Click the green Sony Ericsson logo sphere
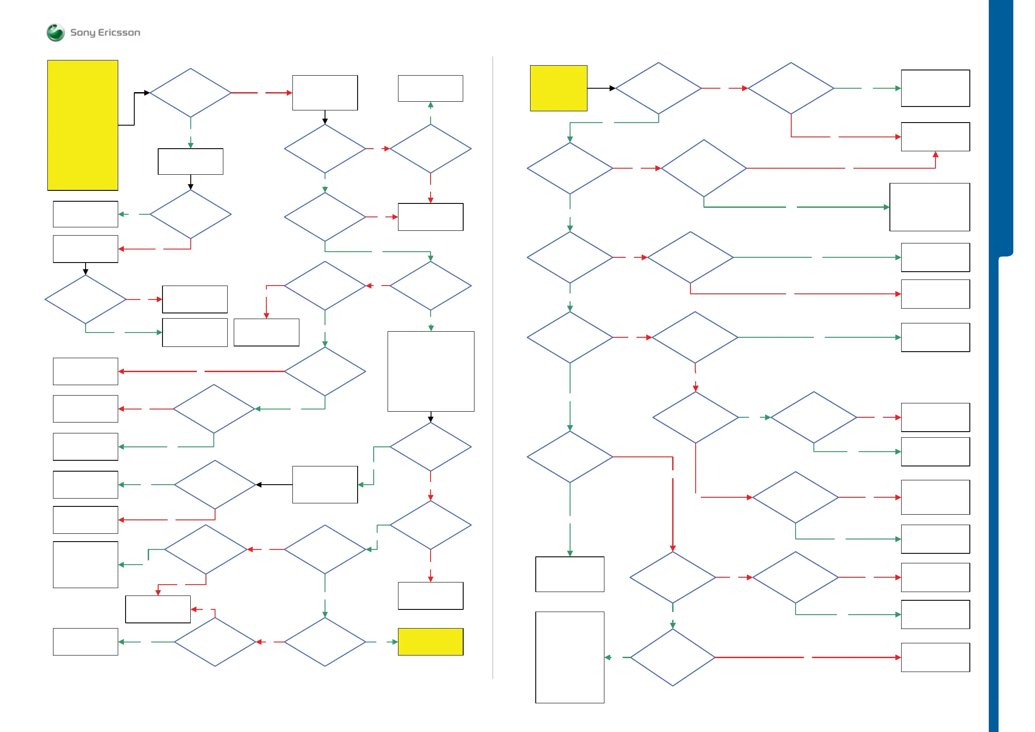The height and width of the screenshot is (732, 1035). pyautogui.click(x=56, y=33)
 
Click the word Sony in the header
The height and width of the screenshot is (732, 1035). pyautogui.click(x=83, y=33)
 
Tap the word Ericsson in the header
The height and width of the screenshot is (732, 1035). pyautogui.click(x=119, y=33)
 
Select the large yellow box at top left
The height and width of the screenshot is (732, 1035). pyautogui.click(x=83, y=125)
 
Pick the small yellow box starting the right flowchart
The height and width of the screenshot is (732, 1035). pyautogui.click(x=558, y=88)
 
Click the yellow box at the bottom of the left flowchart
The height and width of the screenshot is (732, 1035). pyautogui.click(x=431, y=641)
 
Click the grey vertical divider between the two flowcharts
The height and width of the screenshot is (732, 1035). pyautogui.click(x=493, y=361)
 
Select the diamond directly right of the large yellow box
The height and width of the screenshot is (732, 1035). pyautogui.click(x=190, y=93)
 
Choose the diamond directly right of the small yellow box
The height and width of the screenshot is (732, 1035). pyautogui.click(x=658, y=88)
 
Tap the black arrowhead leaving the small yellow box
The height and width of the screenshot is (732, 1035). pyautogui.click(x=612, y=88)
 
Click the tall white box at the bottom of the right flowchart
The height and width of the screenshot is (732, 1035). pyautogui.click(x=570, y=657)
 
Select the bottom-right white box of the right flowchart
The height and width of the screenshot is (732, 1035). pyautogui.click(x=935, y=657)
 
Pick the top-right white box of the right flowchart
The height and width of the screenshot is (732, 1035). pyautogui.click(x=935, y=88)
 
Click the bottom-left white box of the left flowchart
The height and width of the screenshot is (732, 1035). pyautogui.click(x=85, y=641)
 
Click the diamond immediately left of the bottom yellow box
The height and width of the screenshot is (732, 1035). pyautogui.click(x=325, y=641)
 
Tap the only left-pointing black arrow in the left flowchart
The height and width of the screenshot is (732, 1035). pyautogui.click(x=259, y=485)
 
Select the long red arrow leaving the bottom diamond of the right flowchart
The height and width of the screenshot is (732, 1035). pyautogui.click(x=807, y=658)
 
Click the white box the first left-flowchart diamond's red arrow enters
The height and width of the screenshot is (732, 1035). pyautogui.click(x=325, y=93)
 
